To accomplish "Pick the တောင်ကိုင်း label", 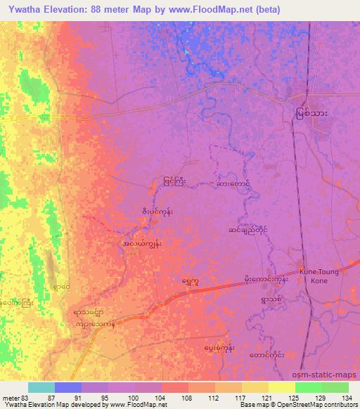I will (267, 356).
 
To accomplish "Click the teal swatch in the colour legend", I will (41, 387).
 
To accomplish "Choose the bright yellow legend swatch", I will (281, 387).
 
